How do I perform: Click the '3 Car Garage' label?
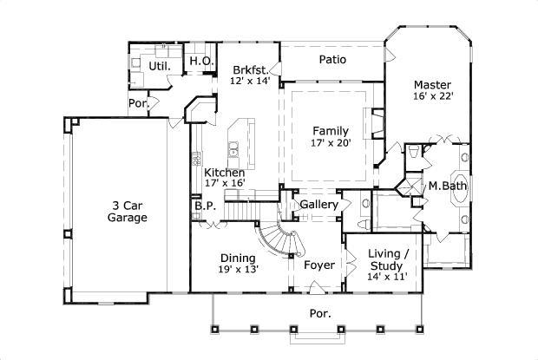click(x=128, y=211)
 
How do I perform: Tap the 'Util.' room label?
click(x=160, y=64)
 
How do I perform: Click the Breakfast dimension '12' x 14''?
click(x=251, y=81)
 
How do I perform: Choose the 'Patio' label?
click(x=332, y=60)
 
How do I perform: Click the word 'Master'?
click(x=431, y=85)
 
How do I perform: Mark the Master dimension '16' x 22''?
click(x=431, y=97)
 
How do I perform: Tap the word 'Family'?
click(x=331, y=131)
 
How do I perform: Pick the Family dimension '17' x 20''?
click(x=331, y=144)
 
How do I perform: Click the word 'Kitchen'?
click(x=223, y=171)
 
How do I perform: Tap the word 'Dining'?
click(x=237, y=258)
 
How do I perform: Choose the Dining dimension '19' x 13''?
click(x=237, y=270)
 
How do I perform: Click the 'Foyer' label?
click(x=318, y=265)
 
